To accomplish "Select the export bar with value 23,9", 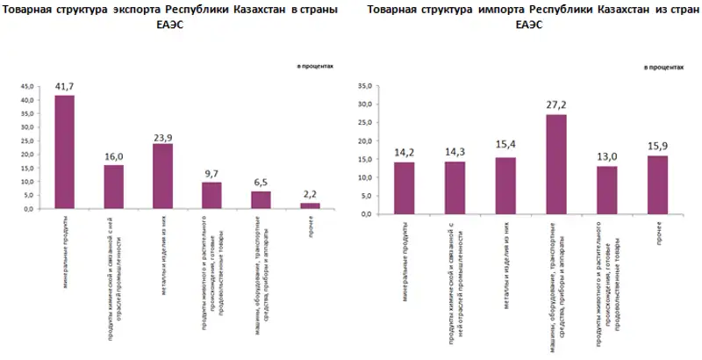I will click(162, 176).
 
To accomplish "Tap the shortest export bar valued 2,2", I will click(310, 205).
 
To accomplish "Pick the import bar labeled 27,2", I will click(556, 164).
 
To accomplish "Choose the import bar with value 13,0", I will click(607, 190).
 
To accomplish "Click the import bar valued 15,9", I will click(657, 184).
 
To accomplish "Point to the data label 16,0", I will click(114, 156).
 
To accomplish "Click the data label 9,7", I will click(212, 174).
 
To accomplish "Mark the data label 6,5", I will click(261, 183).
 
